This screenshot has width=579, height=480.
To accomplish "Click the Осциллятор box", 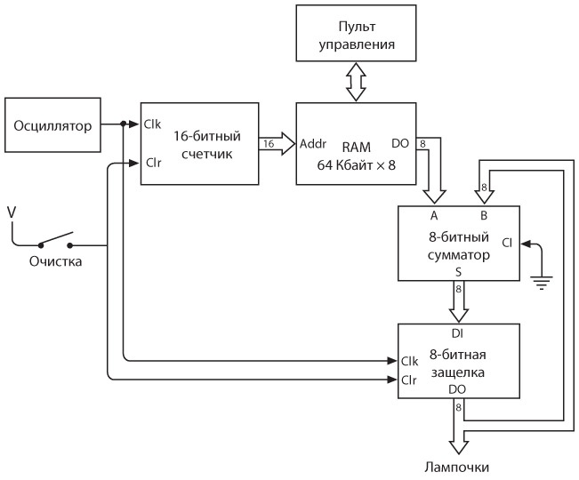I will (x=52, y=124).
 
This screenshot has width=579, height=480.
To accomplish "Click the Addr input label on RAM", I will (x=314, y=143).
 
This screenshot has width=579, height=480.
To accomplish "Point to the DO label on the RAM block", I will (x=400, y=143).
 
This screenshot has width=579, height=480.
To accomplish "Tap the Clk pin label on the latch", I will (x=410, y=361).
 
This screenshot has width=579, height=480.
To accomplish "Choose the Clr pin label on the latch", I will (x=409, y=380).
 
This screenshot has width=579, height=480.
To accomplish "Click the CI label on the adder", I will (x=507, y=242).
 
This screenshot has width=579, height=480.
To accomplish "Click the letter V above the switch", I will (x=11, y=212).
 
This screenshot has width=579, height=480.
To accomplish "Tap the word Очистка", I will (x=55, y=262).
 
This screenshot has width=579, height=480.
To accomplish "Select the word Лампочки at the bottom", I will (x=456, y=467).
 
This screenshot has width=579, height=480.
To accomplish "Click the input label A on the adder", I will (x=433, y=214).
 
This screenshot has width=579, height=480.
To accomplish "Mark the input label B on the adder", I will (x=484, y=214).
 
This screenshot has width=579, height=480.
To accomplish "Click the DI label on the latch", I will (x=457, y=333).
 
